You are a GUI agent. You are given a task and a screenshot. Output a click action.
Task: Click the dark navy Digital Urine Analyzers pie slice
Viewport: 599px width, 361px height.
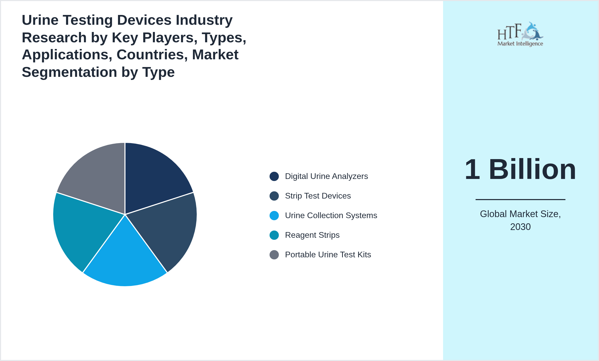click(x=152, y=178)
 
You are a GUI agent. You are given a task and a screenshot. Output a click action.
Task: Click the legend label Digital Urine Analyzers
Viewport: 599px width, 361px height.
click(x=326, y=176)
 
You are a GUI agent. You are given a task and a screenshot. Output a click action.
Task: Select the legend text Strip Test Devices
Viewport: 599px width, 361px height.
click(x=318, y=196)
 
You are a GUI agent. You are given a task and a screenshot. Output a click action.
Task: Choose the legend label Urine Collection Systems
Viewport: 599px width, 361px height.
click(x=331, y=216)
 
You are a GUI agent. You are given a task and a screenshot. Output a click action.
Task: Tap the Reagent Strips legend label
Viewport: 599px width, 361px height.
click(x=312, y=235)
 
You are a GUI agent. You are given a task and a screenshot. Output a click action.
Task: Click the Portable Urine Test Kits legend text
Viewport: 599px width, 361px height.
click(x=328, y=255)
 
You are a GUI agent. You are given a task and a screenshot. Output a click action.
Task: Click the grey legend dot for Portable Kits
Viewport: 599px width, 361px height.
click(x=274, y=255)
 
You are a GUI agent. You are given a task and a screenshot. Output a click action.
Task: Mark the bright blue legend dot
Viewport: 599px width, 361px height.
click(x=274, y=216)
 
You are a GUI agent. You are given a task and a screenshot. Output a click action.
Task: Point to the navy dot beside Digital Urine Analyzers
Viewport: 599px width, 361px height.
click(x=274, y=176)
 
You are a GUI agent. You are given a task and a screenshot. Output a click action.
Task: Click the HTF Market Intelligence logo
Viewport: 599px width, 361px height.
click(x=520, y=35)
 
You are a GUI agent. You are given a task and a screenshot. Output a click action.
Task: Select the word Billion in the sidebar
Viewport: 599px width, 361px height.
click(x=532, y=170)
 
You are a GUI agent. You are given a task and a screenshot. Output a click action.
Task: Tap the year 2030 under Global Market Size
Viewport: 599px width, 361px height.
click(x=520, y=227)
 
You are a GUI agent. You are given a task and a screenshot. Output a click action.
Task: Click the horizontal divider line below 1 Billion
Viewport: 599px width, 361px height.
click(x=520, y=199)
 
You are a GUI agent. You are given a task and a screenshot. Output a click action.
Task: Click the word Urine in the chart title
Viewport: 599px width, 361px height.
click(x=40, y=20)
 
